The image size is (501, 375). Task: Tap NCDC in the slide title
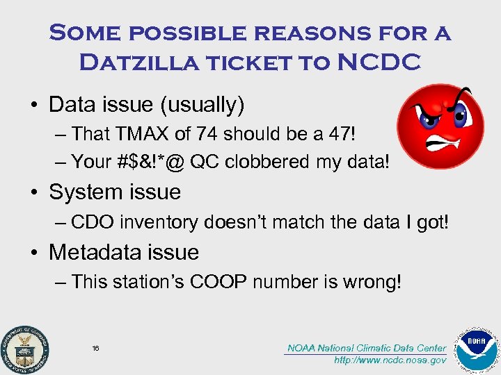pos(379,62)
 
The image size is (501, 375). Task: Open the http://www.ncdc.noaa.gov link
pos(390,360)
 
